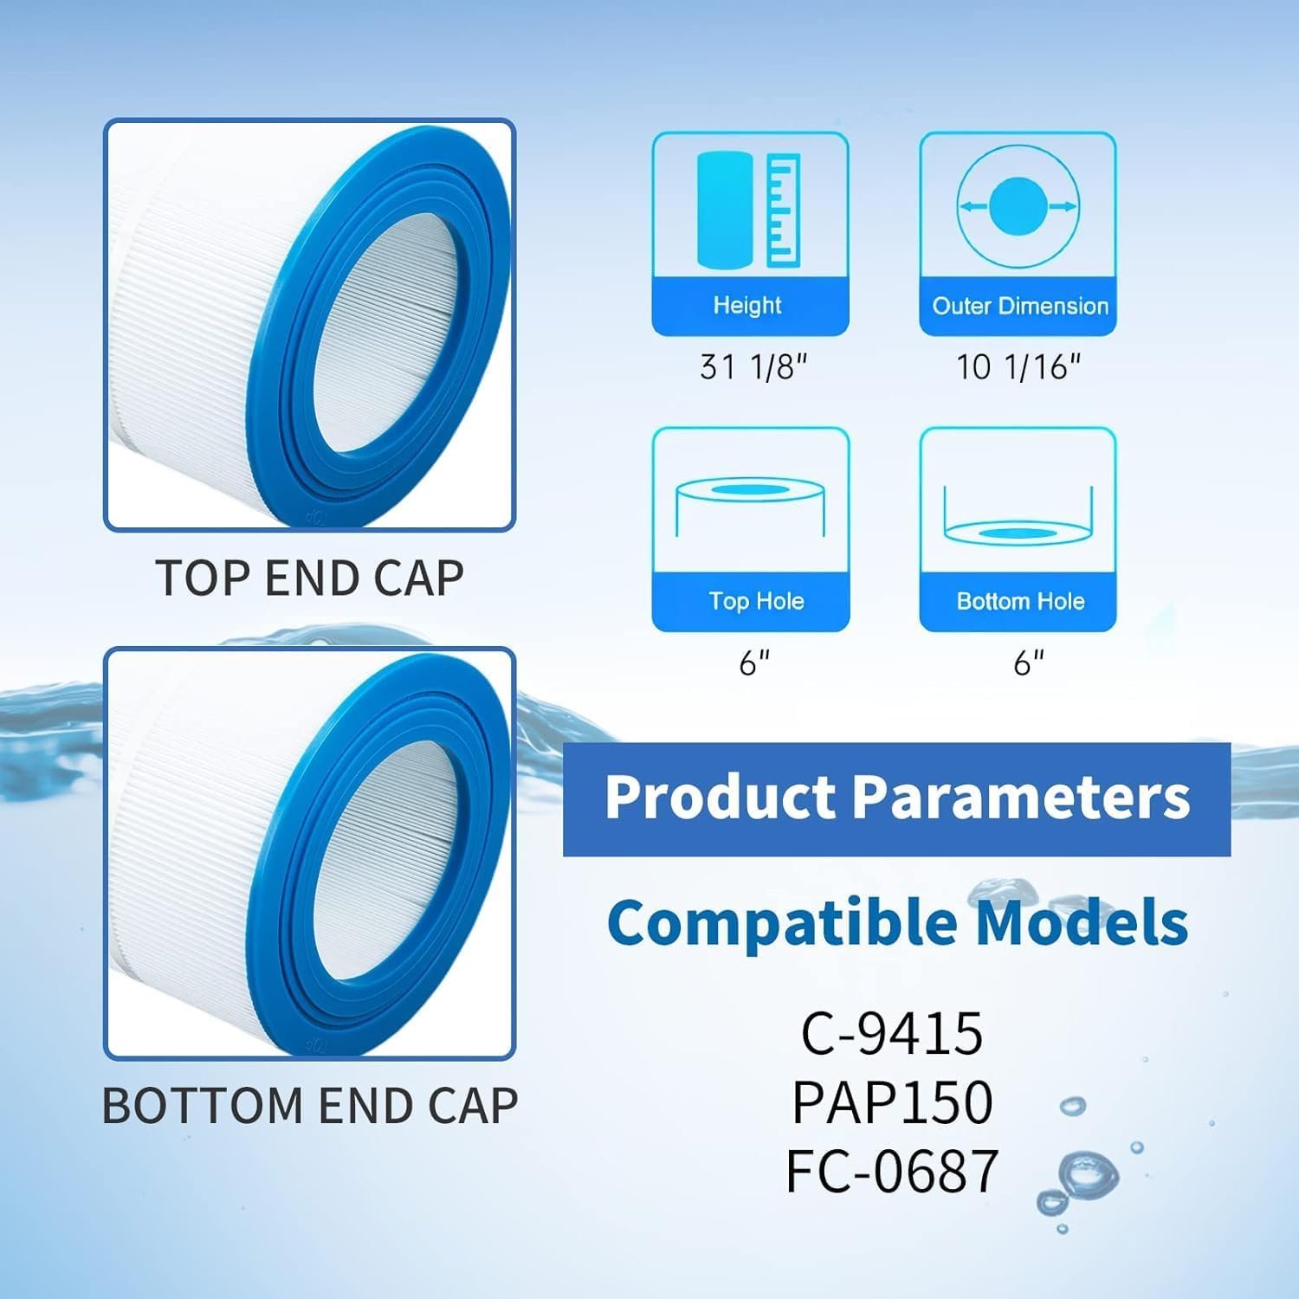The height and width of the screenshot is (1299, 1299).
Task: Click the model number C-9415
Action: coord(891,1032)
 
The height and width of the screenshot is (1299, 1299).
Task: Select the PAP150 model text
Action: coord(891,1102)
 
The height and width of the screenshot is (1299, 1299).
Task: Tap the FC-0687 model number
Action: coord(891,1171)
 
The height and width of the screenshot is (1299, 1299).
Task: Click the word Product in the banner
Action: coord(721,798)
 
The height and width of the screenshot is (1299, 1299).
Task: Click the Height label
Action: coord(746,305)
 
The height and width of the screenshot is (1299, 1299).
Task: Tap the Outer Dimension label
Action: coord(1019,306)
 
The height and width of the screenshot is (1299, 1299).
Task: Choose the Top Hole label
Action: coord(756,601)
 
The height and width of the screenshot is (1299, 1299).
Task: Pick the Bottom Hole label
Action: coord(1020,601)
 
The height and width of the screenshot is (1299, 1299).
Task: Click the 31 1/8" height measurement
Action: coord(753,367)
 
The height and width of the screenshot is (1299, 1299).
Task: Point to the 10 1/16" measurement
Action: coord(1018,367)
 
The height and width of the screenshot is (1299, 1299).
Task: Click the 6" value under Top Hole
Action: coord(753,663)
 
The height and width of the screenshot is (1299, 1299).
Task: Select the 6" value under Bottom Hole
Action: coord(1028,663)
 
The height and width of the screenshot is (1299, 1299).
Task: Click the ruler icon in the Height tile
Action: coord(782,209)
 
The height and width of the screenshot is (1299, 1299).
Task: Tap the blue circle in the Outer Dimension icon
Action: coord(1018,206)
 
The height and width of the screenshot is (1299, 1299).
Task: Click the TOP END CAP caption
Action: coord(309,578)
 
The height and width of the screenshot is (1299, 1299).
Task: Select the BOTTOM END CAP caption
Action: coord(309,1106)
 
